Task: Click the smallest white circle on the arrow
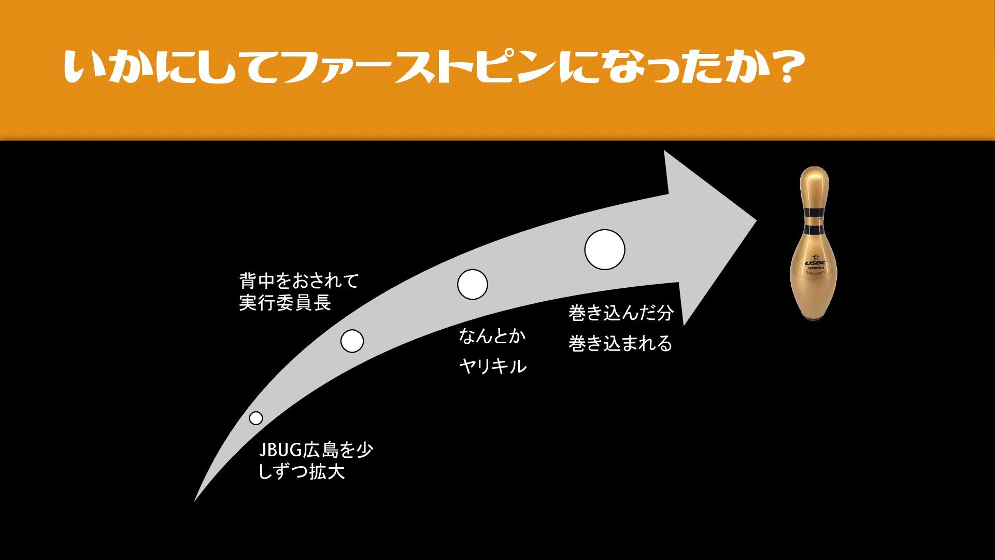pos(256,418)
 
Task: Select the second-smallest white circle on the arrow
pos(352,341)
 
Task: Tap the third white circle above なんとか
pos(472,284)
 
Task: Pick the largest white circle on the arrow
pos(604,249)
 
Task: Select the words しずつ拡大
pos(302,472)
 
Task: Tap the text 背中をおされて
pos(299,281)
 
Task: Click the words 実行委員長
pos(285,303)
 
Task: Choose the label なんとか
pos(492,336)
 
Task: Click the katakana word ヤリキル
pos(493,367)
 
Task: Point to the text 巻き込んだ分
pos(620,312)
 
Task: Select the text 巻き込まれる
pos(620,343)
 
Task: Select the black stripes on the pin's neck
pos(814,220)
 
